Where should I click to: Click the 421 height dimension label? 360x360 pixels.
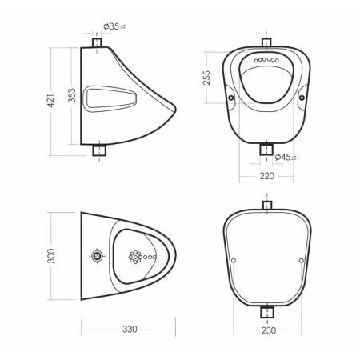point(50,101)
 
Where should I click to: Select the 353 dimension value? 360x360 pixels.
point(72,95)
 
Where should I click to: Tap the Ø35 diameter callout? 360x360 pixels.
point(114,26)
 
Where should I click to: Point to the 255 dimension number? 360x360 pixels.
point(206,78)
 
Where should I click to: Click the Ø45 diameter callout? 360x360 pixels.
point(286,158)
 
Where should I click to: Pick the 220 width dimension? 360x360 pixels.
point(266,176)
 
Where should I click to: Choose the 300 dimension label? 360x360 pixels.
point(51,256)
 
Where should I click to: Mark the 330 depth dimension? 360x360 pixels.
point(130,330)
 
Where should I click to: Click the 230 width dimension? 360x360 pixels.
point(269,330)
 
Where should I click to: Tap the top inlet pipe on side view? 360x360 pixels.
point(97,42)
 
